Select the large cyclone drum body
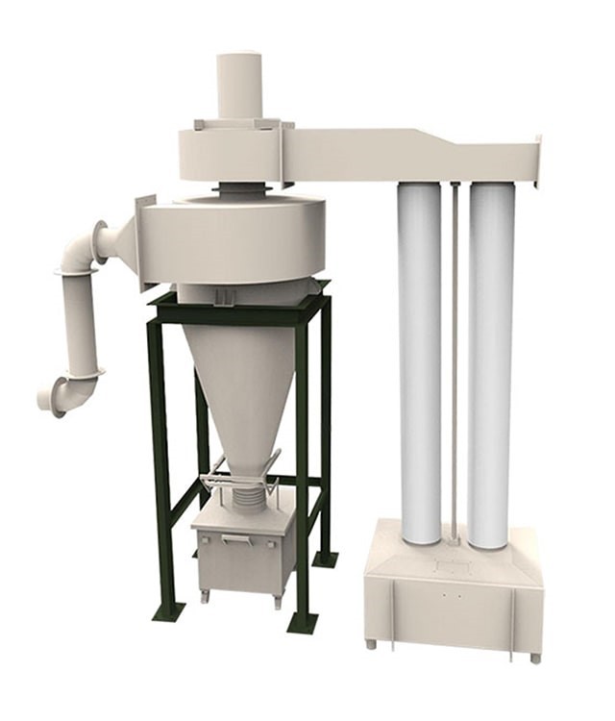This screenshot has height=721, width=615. click(231, 240)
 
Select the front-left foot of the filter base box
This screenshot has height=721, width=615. click(370, 643)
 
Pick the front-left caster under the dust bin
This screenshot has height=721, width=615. click(204, 595)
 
